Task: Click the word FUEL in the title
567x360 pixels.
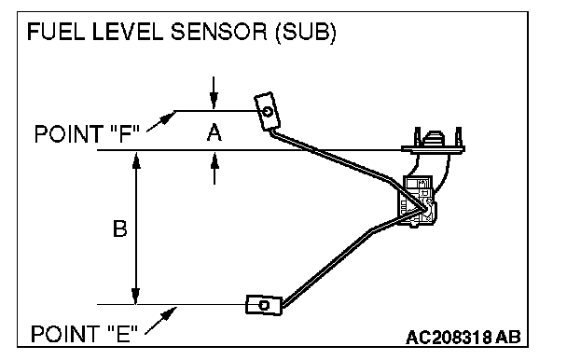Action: (x=56, y=32)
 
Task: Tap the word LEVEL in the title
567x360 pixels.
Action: (x=128, y=32)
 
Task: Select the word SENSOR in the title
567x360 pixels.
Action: (x=219, y=32)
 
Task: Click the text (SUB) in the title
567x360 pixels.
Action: (x=306, y=33)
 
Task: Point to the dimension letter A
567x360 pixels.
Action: (x=214, y=132)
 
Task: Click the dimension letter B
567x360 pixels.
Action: (x=119, y=228)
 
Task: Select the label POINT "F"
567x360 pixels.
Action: (x=87, y=134)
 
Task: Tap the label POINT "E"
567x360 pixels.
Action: (x=85, y=334)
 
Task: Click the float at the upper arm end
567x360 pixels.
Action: (x=268, y=111)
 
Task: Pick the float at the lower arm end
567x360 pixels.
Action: (x=264, y=305)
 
